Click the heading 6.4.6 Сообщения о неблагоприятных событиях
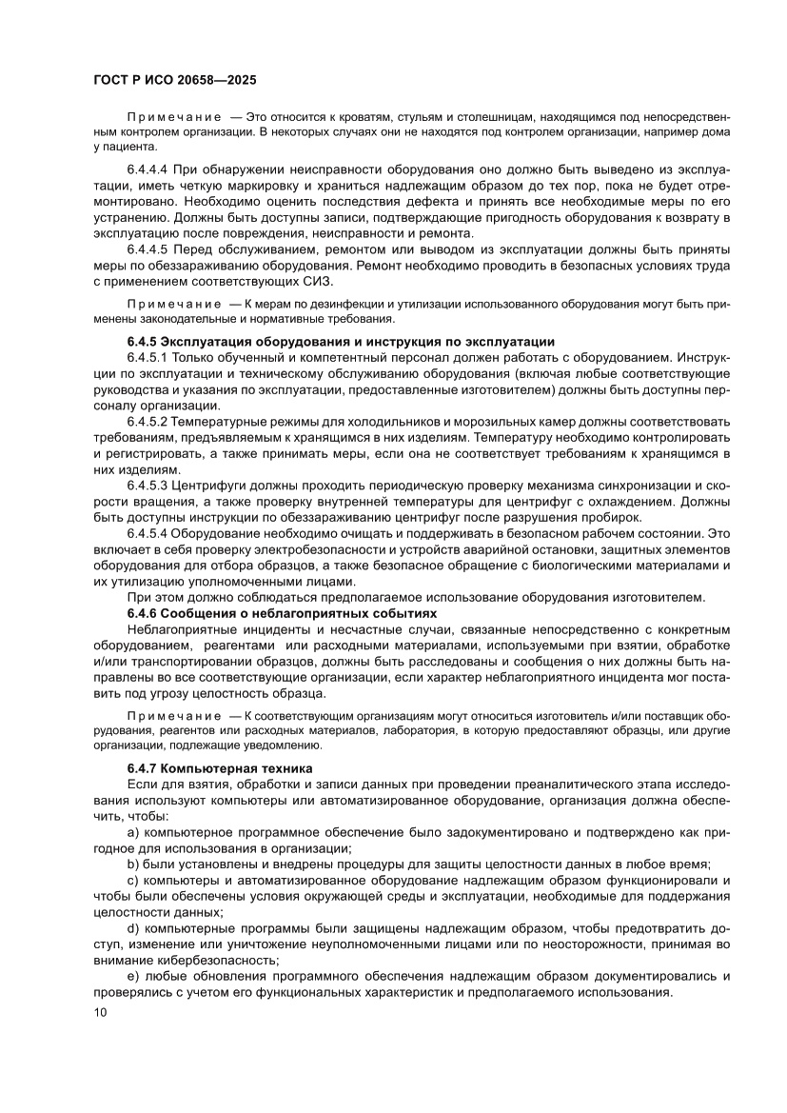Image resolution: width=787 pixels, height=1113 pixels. pos(282,613)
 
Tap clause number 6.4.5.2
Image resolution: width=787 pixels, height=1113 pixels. pos(152,422)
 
